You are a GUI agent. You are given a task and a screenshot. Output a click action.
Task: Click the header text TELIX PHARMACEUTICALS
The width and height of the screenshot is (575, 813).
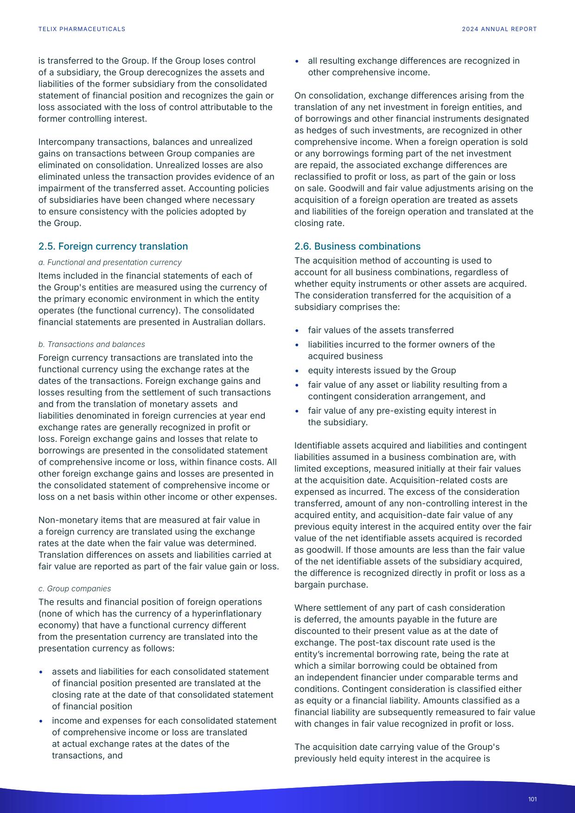[82, 29]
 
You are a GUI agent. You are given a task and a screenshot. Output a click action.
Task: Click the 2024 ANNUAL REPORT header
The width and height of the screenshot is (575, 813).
[499, 29]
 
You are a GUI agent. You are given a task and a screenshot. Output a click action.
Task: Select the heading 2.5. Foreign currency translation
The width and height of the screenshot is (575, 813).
[113, 246]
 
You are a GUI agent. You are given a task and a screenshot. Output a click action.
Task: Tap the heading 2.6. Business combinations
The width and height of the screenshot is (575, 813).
[357, 246]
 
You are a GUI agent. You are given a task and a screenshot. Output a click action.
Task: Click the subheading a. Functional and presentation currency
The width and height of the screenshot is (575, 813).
[110, 262]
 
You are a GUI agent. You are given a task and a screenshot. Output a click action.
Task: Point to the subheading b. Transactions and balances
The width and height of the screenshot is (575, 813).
[91, 345]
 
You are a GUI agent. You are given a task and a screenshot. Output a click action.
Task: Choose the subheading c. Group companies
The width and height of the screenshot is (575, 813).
[74, 589]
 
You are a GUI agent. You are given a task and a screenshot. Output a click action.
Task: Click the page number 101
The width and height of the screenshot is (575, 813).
[532, 799]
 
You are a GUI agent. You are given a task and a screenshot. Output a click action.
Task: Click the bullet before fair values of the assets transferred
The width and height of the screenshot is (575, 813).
[297, 331]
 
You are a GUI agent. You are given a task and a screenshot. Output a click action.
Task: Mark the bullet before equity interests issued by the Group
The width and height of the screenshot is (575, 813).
[297, 371]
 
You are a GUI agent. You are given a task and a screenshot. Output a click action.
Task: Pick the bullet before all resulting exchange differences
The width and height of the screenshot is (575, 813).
[297, 61]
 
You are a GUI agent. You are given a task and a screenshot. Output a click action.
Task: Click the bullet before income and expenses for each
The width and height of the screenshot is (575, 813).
[41, 721]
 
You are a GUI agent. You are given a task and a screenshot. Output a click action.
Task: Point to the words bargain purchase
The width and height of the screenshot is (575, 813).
[331, 585]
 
